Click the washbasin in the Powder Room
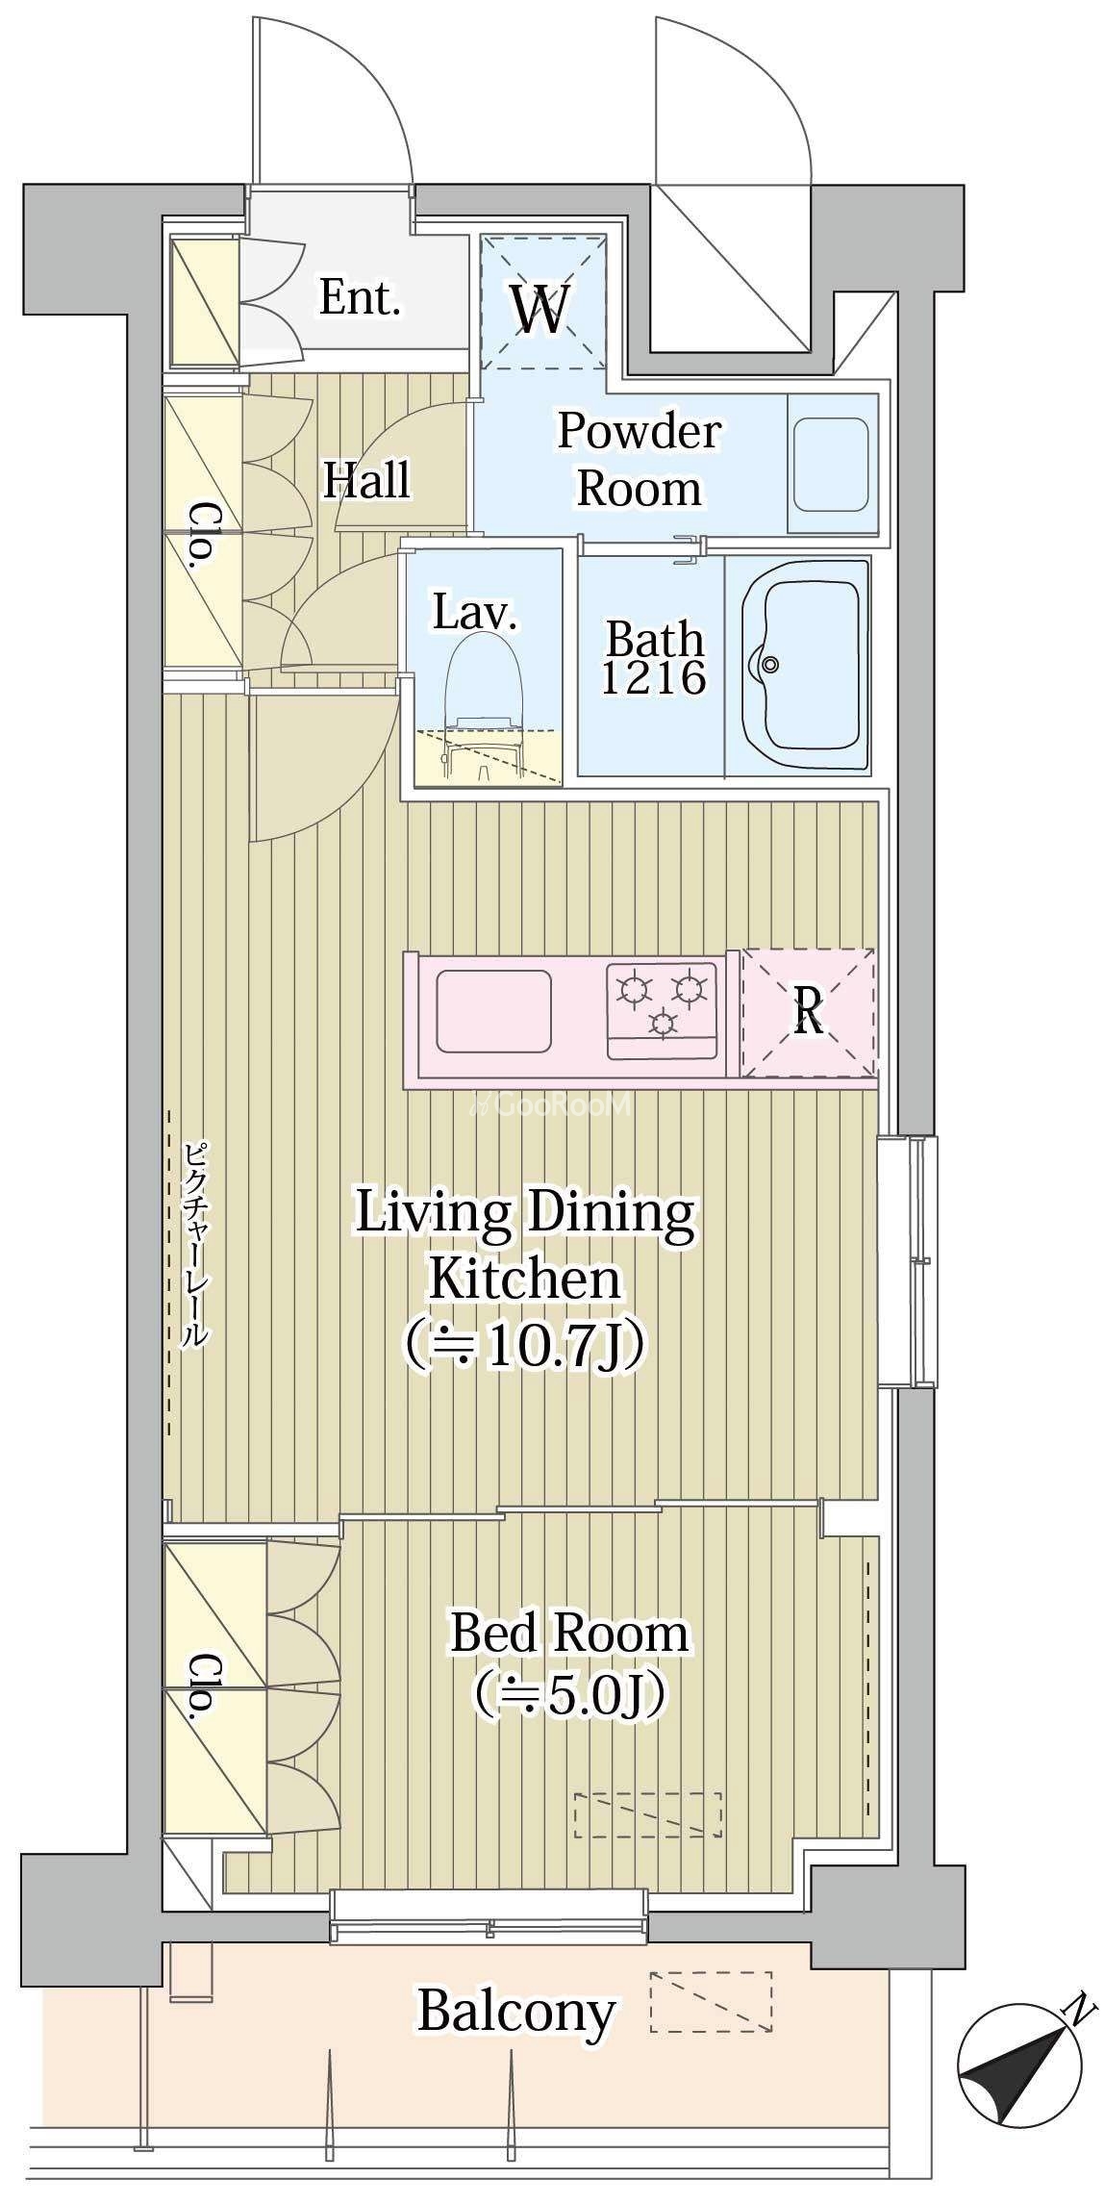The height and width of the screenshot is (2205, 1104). (x=832, y=463)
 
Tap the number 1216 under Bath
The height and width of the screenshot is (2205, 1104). (x=654, y=677)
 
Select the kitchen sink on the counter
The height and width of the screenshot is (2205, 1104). (x=494, y=1010)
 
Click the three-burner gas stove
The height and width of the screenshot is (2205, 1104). (x=663, y=1008)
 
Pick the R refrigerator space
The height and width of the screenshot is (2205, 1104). (x=809, y=1012)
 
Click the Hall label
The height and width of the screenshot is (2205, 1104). (x=365, y=479)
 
